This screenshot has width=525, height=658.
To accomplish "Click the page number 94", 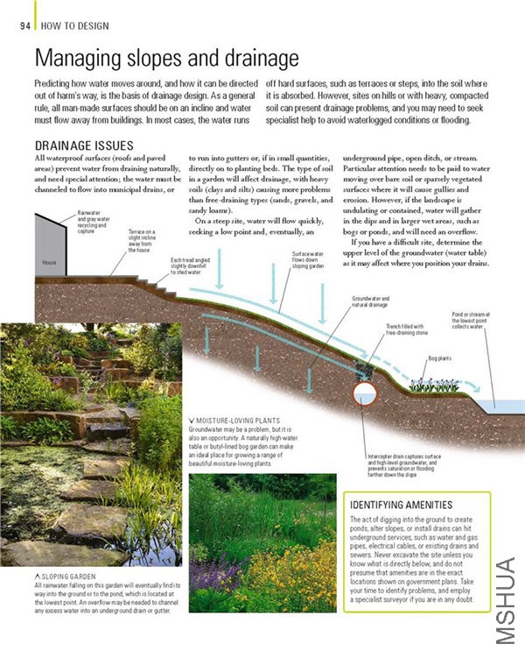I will click(x=25, y=25).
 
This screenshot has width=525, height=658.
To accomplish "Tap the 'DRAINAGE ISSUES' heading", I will click(x=83, y=145).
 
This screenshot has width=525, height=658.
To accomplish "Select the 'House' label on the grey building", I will click(x=49, y=262).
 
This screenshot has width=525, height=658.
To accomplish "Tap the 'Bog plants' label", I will click(x=440, y=358).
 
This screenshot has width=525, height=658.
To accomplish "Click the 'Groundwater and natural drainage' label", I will click(x=370, y=302).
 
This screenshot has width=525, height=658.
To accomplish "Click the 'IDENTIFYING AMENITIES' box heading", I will click(x=400, y=506).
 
